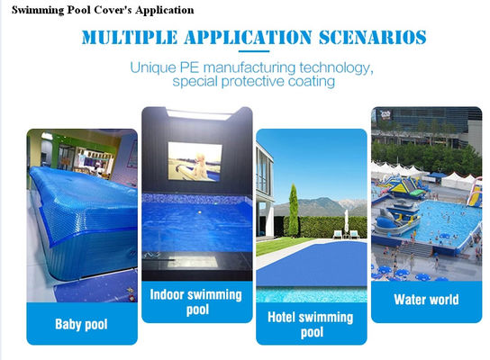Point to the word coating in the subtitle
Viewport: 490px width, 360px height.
pyautogui.click(x=307, y=82)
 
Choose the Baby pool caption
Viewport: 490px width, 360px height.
pyautogui.click(x=81, y=323)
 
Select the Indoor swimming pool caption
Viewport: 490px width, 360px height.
pyautogui.click(x=195, y=301)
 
